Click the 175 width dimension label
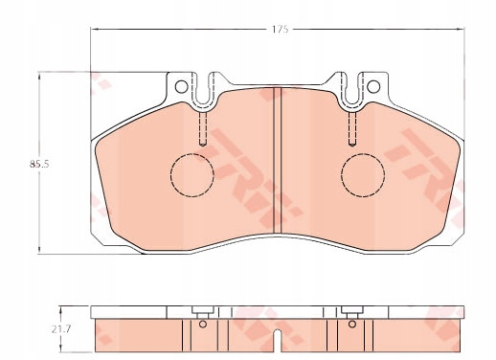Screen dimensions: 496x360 pyautogui.click(x=281, y=30)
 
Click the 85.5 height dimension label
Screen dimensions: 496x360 pyautogui.click(x=39, y=165)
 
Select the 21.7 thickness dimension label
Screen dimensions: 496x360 pyautogui.click(x=61, y=329)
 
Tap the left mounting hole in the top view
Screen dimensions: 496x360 pyautogui.click(x=181, y=86)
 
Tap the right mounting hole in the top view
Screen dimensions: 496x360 pyautogui.click(x=373, y=86)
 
